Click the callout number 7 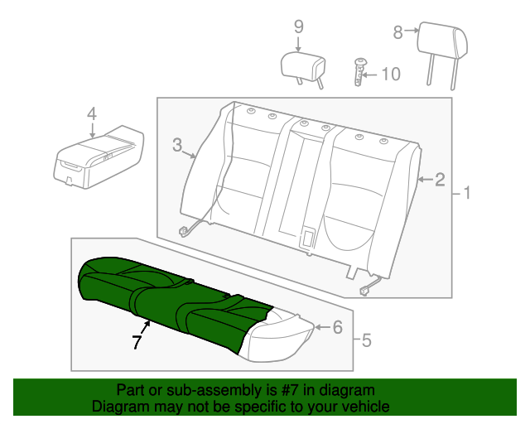click(137, 342)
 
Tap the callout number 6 click(338, 327)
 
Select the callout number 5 click(366, 340)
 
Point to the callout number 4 click(92, 114)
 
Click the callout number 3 click(177, 145)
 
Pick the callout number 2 click(440, 180)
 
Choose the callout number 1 click(467, 193)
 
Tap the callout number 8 click(397, 32)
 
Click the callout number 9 click(298, 26)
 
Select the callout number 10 click(391, 74)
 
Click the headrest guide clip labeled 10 click(359, 72)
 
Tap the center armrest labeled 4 click(98, 157)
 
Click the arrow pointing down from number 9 click(298, 44)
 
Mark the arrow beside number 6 click(323, 327)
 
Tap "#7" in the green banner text click(290, 391)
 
